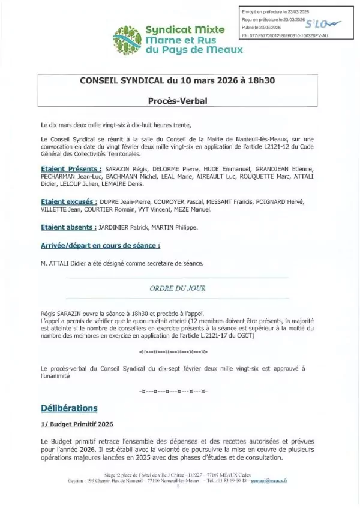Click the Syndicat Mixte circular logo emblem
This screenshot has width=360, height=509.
coord(127,40)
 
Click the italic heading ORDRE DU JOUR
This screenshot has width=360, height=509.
coord(177,288)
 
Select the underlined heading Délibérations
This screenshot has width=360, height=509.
coord(68,408)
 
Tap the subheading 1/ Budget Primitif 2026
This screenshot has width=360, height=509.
coord(73,424)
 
